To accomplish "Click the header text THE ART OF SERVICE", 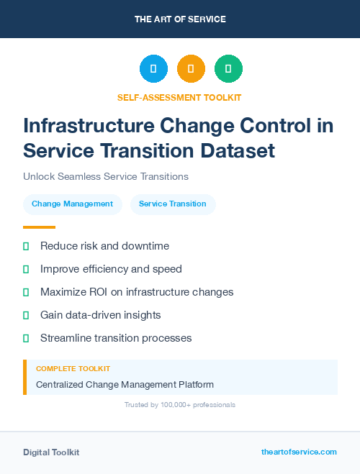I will click(x=180, y=19).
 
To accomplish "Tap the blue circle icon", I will click(x=153, y=69).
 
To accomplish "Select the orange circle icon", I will click(x=191, y=69).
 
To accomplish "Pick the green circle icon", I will click(x=228, y=69).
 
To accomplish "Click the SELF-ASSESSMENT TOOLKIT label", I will click(x=179, y=97).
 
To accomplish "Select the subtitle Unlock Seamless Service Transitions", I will click(x=106, y=176).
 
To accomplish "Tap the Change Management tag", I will click(x=72, y=204).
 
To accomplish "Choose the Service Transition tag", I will click(x=172, y=204).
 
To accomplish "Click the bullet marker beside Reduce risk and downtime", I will click(x=26, y=246).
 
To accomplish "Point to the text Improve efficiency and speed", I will click(x=111, y=269).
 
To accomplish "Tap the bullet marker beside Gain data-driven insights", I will click(x=26, y=315).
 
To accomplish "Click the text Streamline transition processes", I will click(x=116, y=338).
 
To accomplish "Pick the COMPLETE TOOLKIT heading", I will click(x=73, y=368).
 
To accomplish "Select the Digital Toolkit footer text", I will click(x=51, y=452).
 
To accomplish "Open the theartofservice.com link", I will click(x=299, y=452).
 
